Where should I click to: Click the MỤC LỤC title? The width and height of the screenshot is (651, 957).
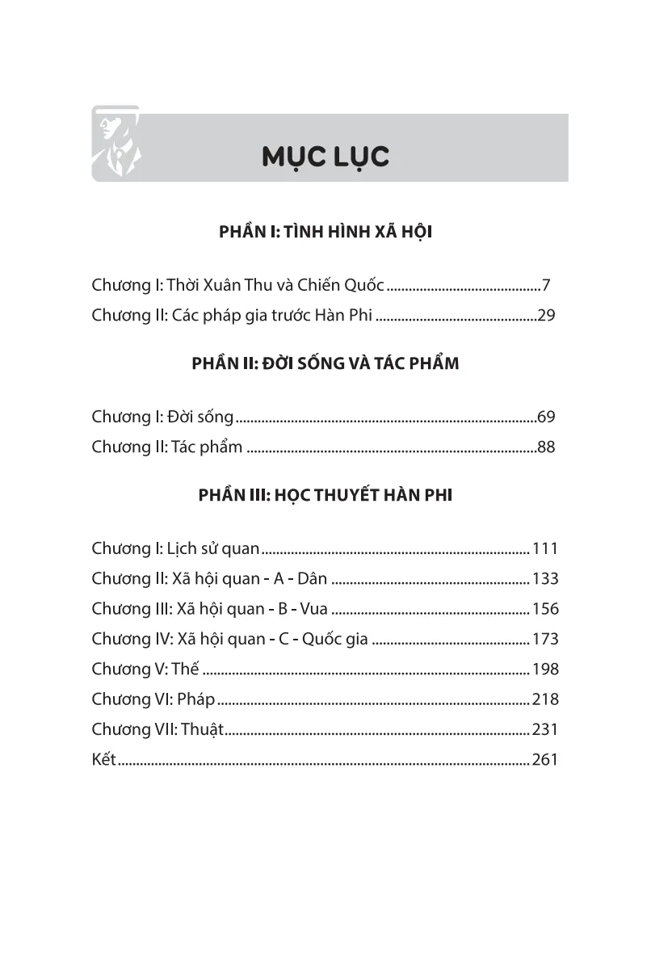[x=325, y=157]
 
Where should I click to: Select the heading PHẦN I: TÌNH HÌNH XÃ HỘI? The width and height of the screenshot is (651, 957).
[x=325, y=233]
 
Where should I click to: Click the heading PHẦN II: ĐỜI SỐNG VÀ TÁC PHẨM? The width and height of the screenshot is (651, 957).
[x=325, y=364]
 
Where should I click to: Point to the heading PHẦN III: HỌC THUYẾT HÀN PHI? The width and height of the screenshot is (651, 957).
[x=325, y=495]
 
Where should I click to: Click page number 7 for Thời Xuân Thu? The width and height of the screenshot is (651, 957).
[x=546, y=285]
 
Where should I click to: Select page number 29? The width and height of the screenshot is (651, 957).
[x=547, y=315]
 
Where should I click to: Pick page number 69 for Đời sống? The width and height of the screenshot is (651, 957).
[x=547, y=417]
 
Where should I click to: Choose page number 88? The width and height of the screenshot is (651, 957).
[x=547, y=447]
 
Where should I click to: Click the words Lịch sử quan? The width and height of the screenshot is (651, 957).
[x=213, y=549]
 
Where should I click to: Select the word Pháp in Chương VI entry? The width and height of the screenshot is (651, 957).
[x=196, y=699]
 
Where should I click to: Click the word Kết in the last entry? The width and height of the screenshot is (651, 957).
[x=104, y=759]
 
